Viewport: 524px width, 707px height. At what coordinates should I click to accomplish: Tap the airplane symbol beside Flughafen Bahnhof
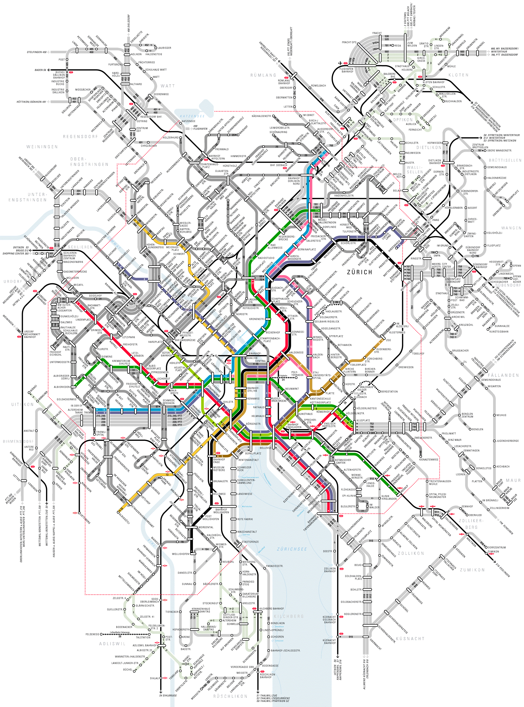click(x=340, y=63)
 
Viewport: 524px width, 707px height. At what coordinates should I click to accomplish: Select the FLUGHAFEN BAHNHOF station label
click(x=347, y=70)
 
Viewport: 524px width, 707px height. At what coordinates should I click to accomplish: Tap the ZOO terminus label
click(x=388, y=340)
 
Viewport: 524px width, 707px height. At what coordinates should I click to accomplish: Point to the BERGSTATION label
click(x=389, y=391)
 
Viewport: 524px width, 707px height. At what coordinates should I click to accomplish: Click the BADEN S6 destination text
click(x=40, y=70)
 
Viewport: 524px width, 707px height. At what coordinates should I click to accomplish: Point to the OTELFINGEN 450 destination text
click(x=36, y=52)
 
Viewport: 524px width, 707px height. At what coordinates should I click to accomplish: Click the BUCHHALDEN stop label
click(x=453, y=101)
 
